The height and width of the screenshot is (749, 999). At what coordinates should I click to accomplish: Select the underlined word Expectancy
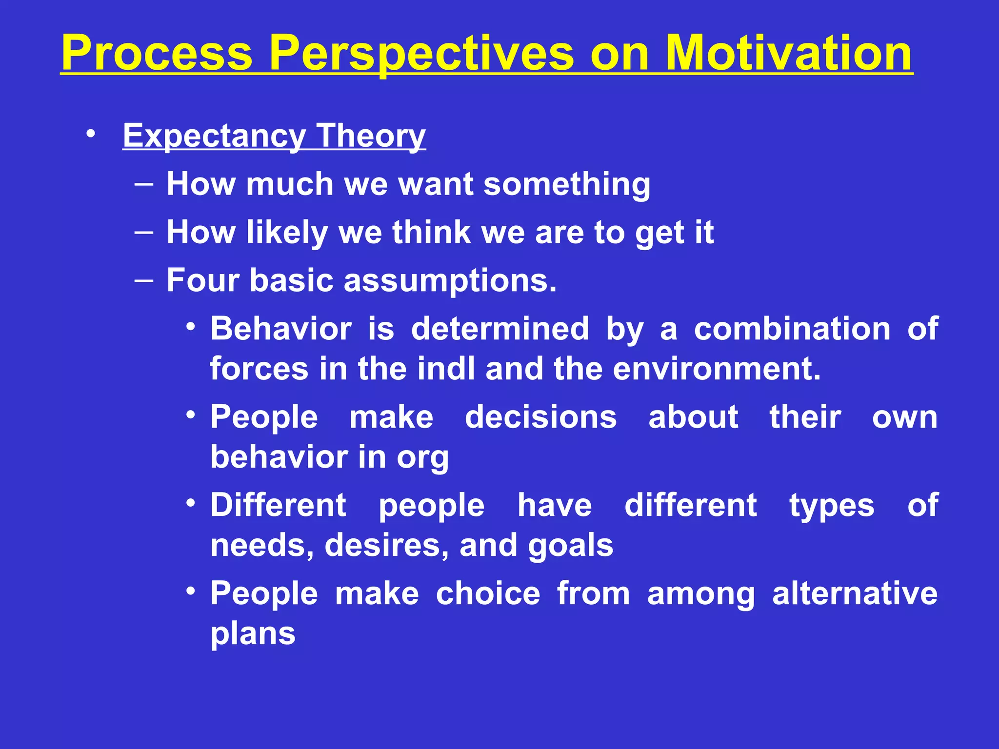(214, 136)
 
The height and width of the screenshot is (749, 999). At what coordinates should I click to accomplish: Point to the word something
(567, 184)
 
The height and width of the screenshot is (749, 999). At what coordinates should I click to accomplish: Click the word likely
(287, 232)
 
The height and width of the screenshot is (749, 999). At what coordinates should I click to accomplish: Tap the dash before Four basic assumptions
(144, 280)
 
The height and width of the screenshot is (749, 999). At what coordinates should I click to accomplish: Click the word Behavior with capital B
(281, 329)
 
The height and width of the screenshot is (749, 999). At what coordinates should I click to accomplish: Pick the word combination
(792, 329)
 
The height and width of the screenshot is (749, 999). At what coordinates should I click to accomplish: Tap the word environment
(716, 369)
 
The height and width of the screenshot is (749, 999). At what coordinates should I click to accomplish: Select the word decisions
(540, 417)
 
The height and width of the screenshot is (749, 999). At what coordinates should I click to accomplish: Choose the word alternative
(855, 594)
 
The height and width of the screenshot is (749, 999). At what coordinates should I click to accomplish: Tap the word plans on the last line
(253, 634)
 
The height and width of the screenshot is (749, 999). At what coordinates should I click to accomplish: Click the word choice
(488, 594)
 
